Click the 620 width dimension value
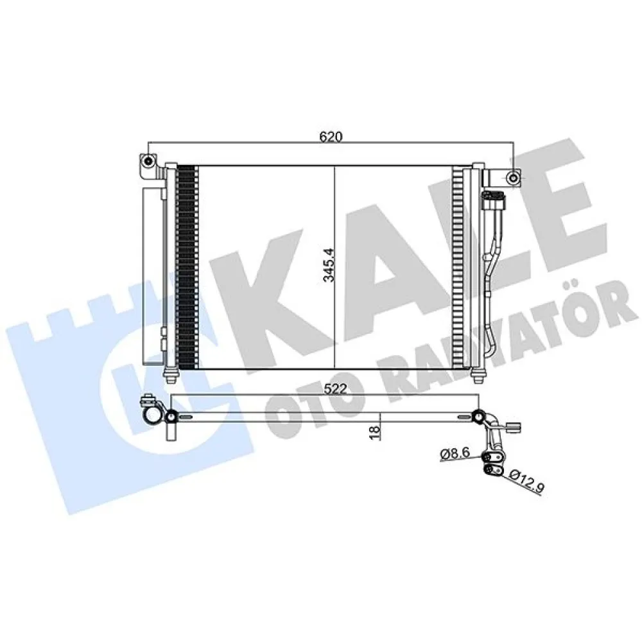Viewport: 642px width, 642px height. point(331,137)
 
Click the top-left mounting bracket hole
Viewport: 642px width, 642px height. point(148,160)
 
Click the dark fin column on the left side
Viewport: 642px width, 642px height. point(186,266)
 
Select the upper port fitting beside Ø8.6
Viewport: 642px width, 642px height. point(495,456)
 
